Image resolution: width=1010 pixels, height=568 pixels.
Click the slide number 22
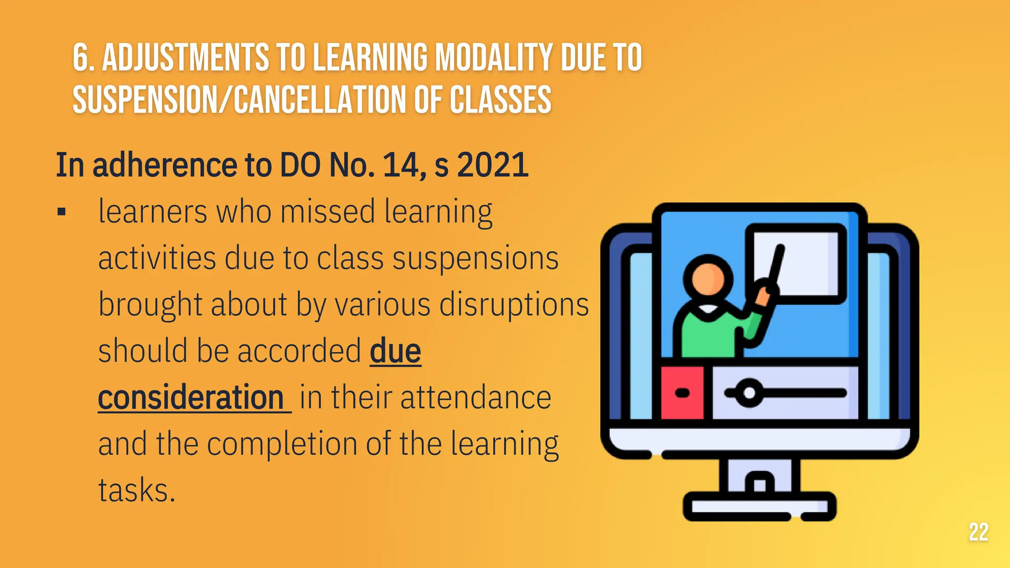pyautogui.click(x=978, y=532)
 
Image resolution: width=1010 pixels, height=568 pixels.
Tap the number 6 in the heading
pyautogui.click(x=81, y=58)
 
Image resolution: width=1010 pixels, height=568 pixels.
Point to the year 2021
pyautogui.click(x=493, y=165)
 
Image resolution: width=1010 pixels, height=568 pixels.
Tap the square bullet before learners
pyautogui.click(x=62, y=213)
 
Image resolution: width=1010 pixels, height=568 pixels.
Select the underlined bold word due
pyautogui.click(x=395, y=351)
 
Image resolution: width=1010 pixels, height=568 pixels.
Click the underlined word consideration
pyautogui.click(x=191, y=397)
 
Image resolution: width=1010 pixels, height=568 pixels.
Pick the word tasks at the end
pyautogui.click(x=137, y=490)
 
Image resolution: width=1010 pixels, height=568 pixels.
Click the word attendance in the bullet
pyautogui.click(x=475, y=397)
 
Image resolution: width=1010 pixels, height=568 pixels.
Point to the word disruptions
pyautogui.click(x=514, y=305)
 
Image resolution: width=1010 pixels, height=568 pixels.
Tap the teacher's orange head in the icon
pyautogui.click(x=708, y=278)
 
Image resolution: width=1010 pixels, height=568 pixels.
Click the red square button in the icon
pyautogui.click(x=683, y=393)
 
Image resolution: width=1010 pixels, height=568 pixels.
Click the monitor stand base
pyautogui.click(x=759, y=506)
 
